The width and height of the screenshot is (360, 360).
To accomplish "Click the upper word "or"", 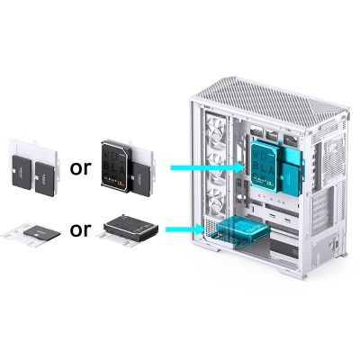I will click(81, 168).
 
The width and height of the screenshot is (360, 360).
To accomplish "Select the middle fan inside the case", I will click(217, 167).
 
